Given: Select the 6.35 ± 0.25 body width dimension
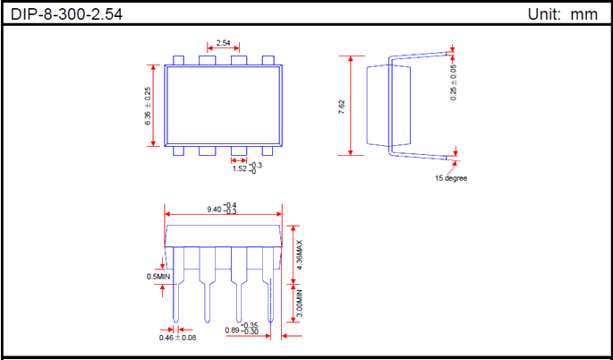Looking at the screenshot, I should pos(149,106).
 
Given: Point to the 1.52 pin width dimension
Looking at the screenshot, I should pos(246,167).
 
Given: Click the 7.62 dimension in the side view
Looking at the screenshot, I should pos(342,106).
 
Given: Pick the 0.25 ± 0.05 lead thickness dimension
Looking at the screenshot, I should pos(454,80).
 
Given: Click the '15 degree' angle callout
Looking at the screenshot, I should pos(451,177).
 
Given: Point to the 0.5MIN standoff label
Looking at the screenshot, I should pos(158,277).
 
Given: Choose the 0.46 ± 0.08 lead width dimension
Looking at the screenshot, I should pos(178,336).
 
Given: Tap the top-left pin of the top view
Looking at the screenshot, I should pos(179,60).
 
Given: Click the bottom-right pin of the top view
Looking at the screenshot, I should pos(268,150).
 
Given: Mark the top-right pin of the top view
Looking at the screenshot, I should pos(268,60).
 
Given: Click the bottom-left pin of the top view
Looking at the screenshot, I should pos(179,150).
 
